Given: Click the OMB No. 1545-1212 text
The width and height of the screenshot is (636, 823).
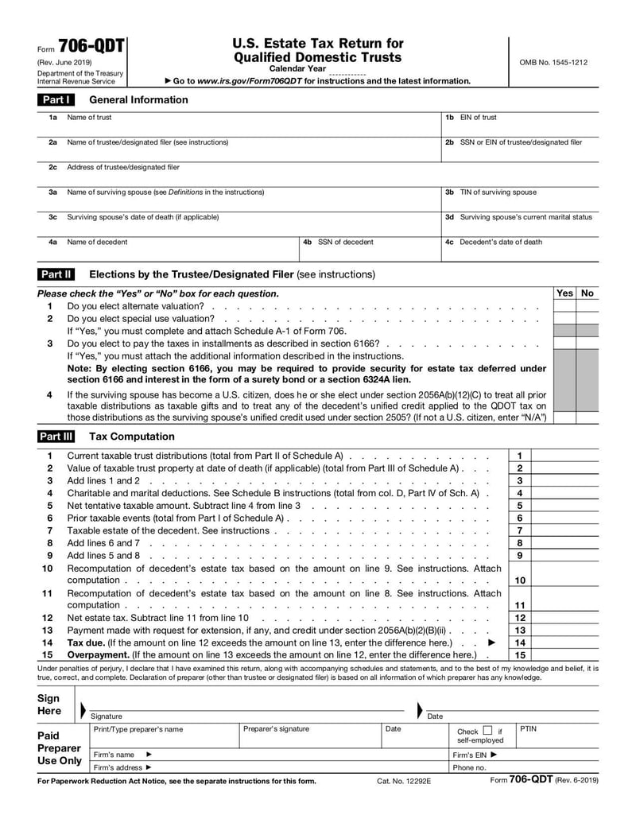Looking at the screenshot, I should click(553, 62).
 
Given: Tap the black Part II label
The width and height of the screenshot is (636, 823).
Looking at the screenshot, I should click(56, 274).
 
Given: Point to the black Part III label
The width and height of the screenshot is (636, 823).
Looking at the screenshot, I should click(56, 437).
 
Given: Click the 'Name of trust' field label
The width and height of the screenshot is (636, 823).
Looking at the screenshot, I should click(89, 118).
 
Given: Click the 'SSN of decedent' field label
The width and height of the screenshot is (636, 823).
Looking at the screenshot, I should click(345, 243).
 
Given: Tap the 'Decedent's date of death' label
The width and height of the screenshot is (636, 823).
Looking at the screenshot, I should click(501, 243).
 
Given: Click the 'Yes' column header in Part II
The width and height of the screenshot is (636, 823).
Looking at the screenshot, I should click(564, 293).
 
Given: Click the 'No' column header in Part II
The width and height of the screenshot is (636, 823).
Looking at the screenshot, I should click(588, 293).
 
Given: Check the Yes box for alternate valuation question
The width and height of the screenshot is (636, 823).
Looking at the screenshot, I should click(564, 306).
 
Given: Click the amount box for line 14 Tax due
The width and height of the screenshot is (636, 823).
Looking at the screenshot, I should click(565, 642).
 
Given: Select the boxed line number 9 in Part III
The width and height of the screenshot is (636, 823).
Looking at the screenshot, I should click(519, 555).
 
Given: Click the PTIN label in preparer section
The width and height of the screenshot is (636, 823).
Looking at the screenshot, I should click(529, 728).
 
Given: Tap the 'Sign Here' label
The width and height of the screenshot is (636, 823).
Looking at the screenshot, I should click(49, 705).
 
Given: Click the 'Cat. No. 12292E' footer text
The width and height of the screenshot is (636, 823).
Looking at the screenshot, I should click(404, 781).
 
